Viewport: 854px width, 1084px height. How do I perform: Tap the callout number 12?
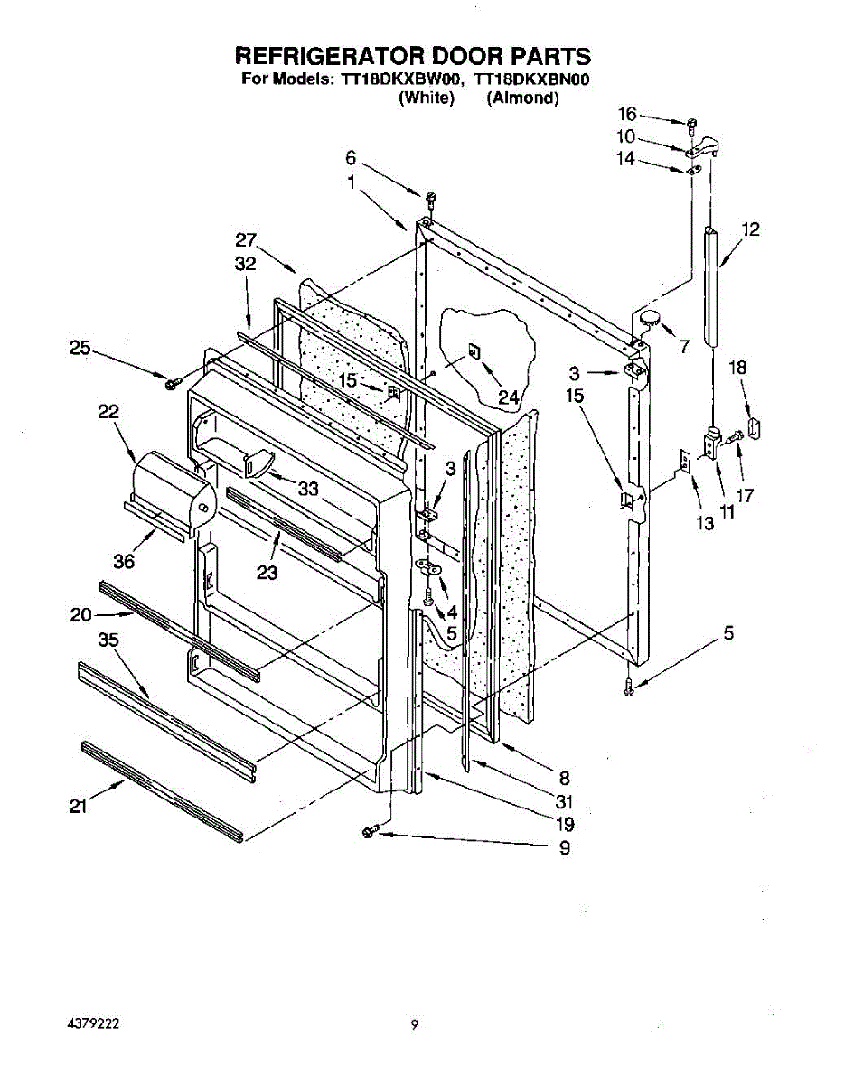[750, 229]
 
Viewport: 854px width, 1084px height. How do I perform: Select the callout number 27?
[246, 240]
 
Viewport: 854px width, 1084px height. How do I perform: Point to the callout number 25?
[80, 348]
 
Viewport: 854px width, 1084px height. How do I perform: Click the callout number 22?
[108, 411]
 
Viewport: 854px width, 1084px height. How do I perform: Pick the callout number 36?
[124, 560]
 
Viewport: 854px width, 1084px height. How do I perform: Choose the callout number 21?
[79, 808]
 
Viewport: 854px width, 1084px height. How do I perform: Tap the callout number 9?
[564, 848]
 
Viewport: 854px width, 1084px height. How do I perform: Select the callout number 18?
[737, 368]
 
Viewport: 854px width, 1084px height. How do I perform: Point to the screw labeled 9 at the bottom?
[370, 831]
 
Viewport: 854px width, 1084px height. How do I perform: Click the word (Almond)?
[522, 98]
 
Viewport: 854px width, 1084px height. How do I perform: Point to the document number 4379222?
[94, 1024]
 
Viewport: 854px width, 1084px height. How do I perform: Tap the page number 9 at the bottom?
[413, 1024]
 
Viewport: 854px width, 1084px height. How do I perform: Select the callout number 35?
[108, 640]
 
